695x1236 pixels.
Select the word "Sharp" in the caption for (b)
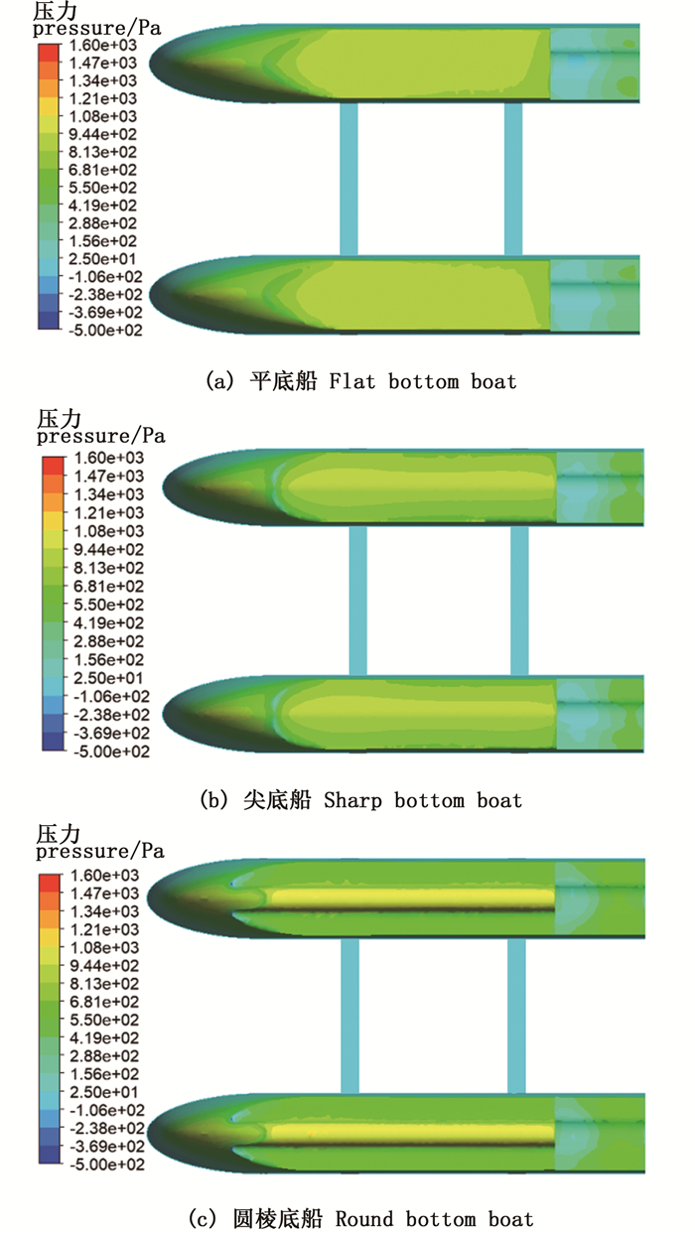355,799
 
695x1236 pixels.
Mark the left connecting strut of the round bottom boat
348,1018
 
